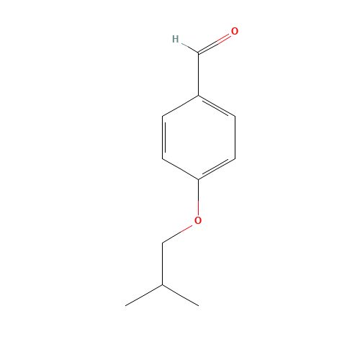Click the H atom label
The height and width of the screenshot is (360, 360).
coord(175,39)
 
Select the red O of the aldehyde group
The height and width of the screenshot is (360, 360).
coord(235,32)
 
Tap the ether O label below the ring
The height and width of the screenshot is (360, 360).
coord(198,220)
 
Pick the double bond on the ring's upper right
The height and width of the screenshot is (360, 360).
coord(216,106)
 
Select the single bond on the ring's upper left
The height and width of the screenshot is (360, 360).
coord(180,106)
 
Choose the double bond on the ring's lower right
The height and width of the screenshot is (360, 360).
coord(216,168)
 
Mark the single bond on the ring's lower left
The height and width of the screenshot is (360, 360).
coord(180,168)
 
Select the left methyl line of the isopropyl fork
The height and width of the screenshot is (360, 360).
coord(144,295)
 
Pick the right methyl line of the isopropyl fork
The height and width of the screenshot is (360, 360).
coord(180,295)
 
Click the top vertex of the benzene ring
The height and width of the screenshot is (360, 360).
coord(198,96)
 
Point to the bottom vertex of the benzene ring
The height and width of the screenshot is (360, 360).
coord(198,179)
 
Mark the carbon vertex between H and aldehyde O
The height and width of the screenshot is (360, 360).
coord(198,53)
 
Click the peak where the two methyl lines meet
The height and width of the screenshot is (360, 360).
coord(162,285)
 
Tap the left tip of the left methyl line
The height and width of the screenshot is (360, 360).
coord(127,305)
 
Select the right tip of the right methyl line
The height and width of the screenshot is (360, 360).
coord(198,305)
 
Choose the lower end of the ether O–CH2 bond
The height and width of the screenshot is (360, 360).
coord(163,243)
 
